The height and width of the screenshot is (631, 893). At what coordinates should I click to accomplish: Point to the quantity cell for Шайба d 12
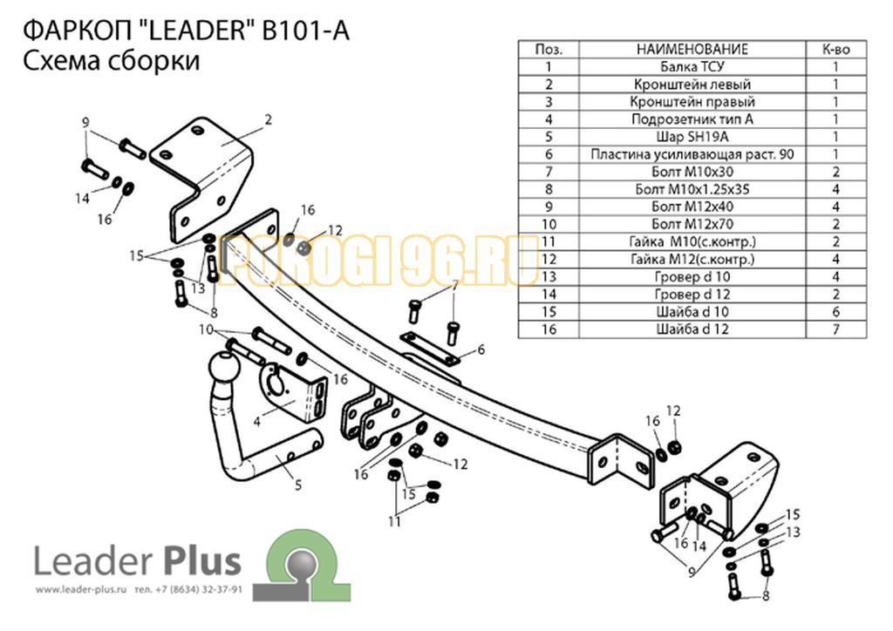835,329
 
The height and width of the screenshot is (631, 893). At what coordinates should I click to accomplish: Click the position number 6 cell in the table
549,154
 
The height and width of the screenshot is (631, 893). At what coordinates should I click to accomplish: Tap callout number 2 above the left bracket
269,119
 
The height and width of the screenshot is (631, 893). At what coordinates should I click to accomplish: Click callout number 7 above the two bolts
454,287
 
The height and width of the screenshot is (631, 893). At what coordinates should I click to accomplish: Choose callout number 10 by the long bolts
206,329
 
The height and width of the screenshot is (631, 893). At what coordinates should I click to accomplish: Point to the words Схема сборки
108,62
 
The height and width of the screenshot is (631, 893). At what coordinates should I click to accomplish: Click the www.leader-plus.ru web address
83,590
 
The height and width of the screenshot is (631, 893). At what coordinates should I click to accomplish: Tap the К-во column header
835,50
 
